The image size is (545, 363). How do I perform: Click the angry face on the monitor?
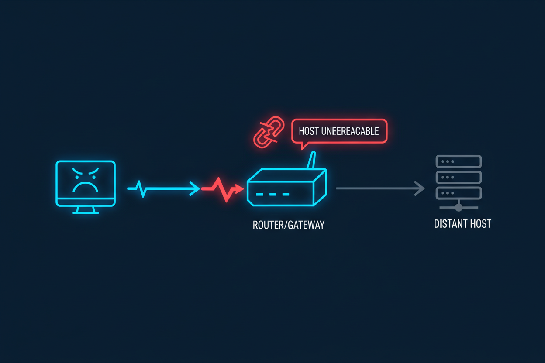(86, 180)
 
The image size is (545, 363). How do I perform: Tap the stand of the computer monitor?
(86, 210)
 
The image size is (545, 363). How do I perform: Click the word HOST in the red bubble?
(309, 131)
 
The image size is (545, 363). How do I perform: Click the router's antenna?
(310, 161)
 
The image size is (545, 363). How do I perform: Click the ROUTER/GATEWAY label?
(289, 225)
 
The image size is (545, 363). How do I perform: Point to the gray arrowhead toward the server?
(420, 188)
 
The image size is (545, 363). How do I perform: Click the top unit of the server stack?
(459, 161)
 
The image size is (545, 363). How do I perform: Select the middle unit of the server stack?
(459, 177)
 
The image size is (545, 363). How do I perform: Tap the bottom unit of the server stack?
(459, 193)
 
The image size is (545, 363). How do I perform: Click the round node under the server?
(459, 207)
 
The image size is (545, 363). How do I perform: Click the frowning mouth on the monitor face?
(86, 187)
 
